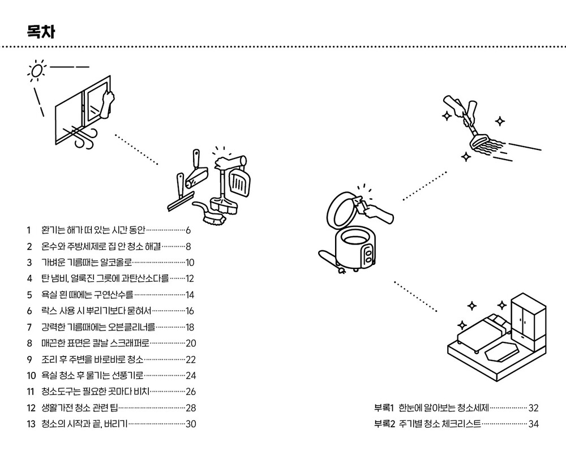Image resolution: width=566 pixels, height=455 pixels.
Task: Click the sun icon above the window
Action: (37, 70)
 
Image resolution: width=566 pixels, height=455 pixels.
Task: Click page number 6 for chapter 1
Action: (188, 230)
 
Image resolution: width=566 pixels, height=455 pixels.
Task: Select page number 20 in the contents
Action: (191, 343)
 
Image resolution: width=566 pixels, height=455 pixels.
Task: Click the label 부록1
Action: (384, 407)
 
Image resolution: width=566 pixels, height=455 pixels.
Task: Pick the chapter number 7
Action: (29, 327)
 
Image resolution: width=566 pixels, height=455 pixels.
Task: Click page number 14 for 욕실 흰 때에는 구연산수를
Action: (190, 295)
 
